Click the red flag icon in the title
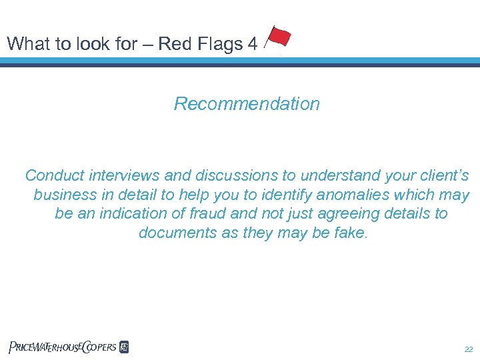(x=277, y=37)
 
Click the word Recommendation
(x=247, y=104)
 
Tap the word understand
(x=333, y=176)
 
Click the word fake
(x=350, y=233)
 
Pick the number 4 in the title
(x=251, y=44)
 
